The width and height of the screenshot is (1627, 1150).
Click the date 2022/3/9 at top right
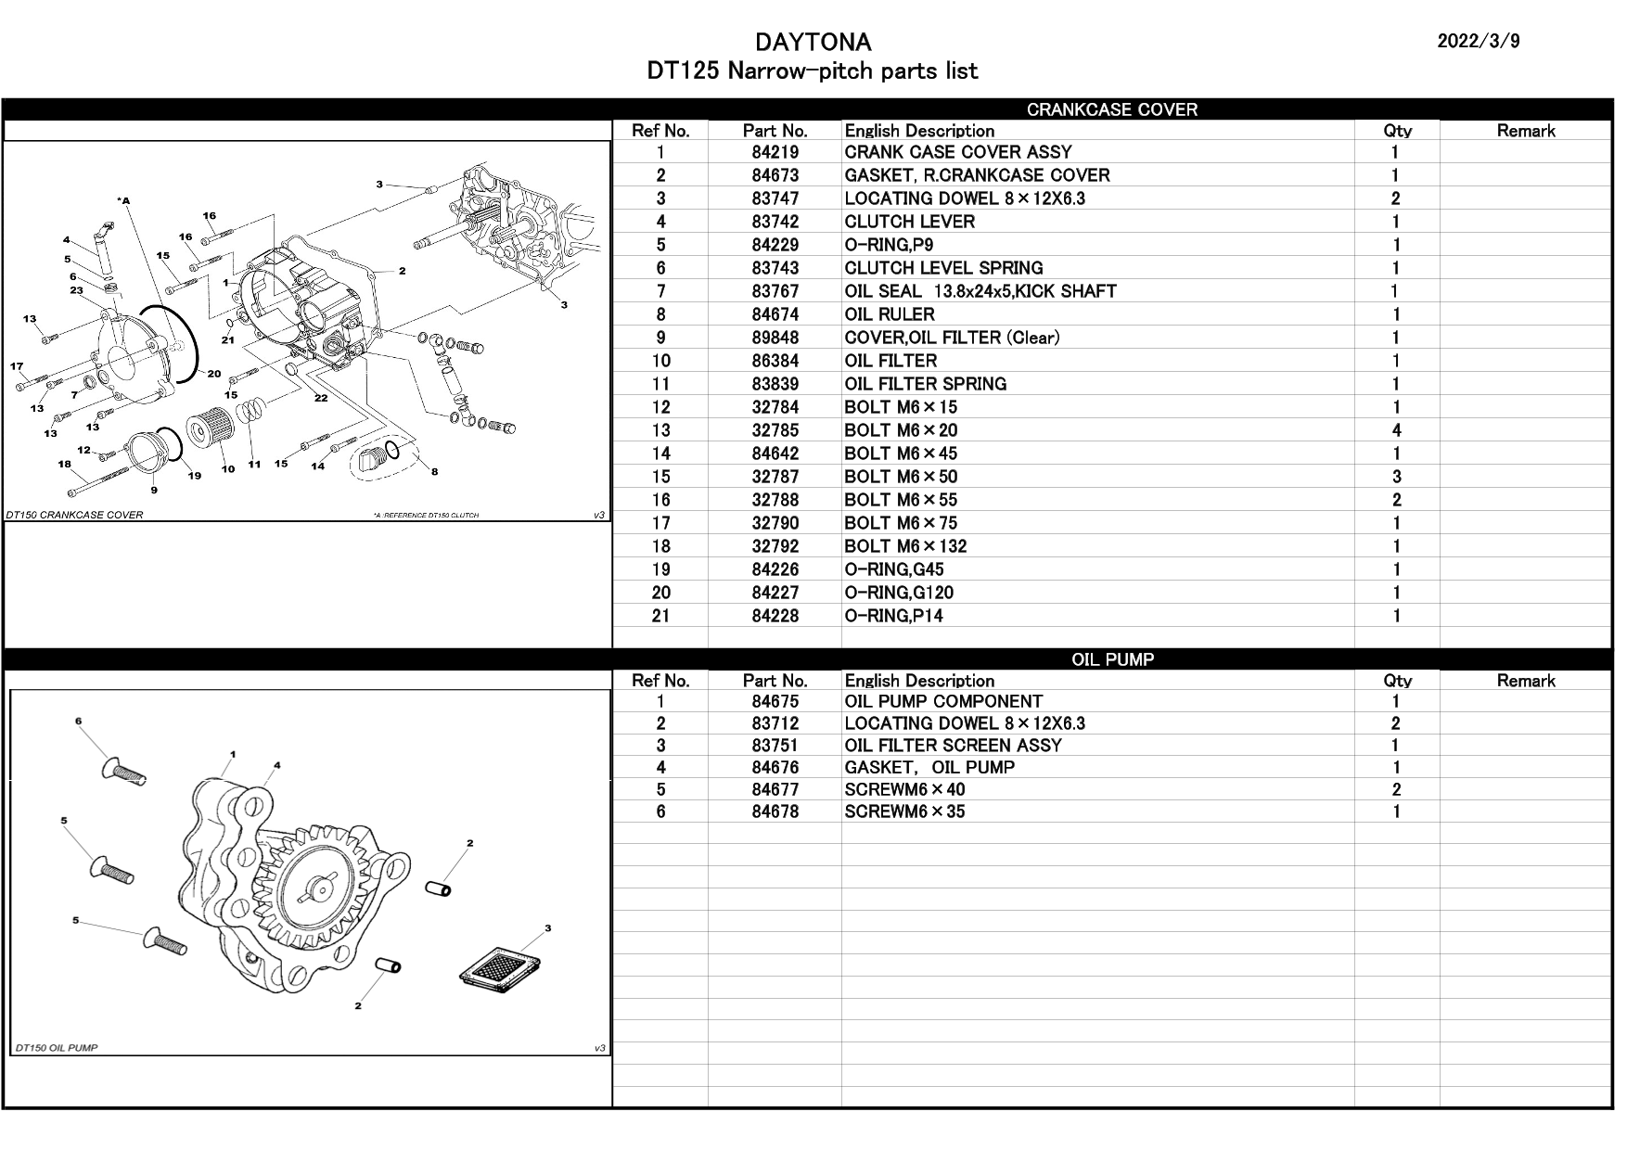click(1478, 42)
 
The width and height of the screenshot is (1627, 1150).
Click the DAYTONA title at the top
click(813, 43)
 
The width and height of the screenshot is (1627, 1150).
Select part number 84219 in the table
click(775, 152)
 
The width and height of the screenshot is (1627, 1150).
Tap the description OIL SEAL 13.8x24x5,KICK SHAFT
click(980, 291)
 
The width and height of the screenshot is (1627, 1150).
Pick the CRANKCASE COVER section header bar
click(1111, 109)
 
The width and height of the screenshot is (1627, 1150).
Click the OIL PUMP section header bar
click(1111, 659)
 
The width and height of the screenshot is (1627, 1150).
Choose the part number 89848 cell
click(775, 338)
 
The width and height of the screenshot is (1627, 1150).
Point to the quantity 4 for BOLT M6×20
click(1396, 430)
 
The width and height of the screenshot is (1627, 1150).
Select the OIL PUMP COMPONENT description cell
click(943, 702)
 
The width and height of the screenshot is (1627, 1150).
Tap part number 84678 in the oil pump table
click(775, 811)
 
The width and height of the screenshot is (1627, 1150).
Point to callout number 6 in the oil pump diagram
click(79, 721)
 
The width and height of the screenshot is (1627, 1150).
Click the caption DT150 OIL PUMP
click(57, 1048)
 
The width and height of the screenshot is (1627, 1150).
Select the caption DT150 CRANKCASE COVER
click(75, 515)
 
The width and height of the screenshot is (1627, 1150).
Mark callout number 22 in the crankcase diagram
click(321, 398)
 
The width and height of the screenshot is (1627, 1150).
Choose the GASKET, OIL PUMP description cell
click(929, 768)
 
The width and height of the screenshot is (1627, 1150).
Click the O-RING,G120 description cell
click(898, 593)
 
